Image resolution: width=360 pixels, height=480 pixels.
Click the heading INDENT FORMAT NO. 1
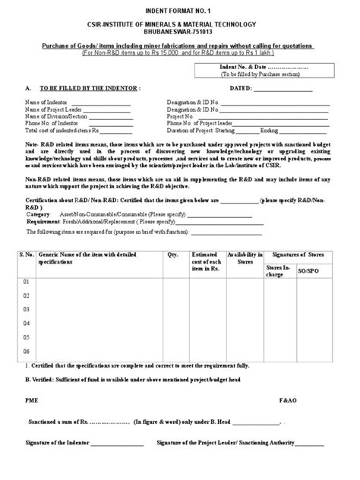[180, 8]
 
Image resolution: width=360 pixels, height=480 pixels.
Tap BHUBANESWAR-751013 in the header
[180, 35]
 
